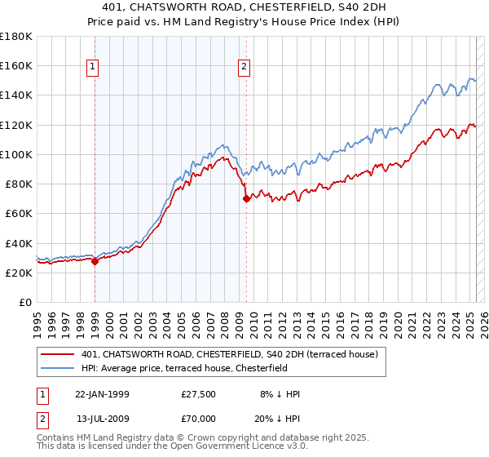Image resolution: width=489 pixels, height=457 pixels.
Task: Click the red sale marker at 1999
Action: (x=95, y=261)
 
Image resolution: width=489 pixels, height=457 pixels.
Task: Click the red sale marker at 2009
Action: (x=246, y=198)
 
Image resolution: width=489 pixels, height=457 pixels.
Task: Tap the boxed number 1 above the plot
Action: (x=92, y=69)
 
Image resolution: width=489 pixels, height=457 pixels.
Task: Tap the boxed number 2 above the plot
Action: (x=244, y=69)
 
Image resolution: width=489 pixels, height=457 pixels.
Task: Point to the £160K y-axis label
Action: (x=16, y=65)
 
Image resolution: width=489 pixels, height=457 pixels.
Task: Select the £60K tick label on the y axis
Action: (x=19, y=213)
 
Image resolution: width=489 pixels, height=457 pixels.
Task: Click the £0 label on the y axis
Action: (x=25, y=302)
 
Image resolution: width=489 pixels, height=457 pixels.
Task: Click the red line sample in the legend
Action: (x=56, y=355)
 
